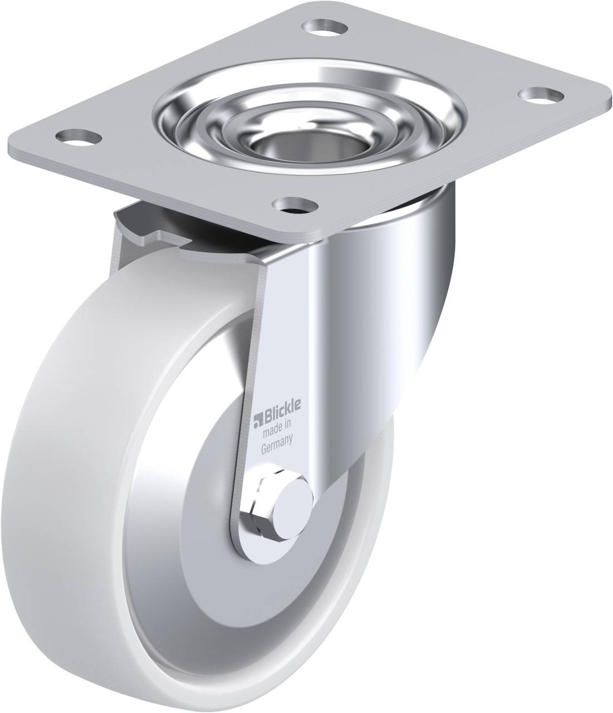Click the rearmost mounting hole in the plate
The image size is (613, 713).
click(324, 28)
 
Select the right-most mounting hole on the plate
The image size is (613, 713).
click(542, 96)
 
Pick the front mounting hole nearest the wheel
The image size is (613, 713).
click(295, 206)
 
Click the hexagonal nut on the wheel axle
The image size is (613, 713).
click(267, 503)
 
